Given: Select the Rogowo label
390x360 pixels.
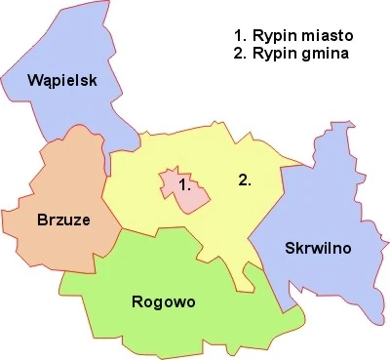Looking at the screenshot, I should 163,301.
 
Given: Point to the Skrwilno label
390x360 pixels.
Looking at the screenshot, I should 318,248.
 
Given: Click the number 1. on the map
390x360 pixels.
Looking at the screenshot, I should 183,182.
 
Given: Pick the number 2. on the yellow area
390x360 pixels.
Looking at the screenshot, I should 246,180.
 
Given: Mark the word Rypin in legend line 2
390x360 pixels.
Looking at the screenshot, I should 268,54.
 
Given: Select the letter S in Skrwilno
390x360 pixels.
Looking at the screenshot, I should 291,248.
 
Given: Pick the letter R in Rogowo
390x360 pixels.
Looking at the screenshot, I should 136,301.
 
